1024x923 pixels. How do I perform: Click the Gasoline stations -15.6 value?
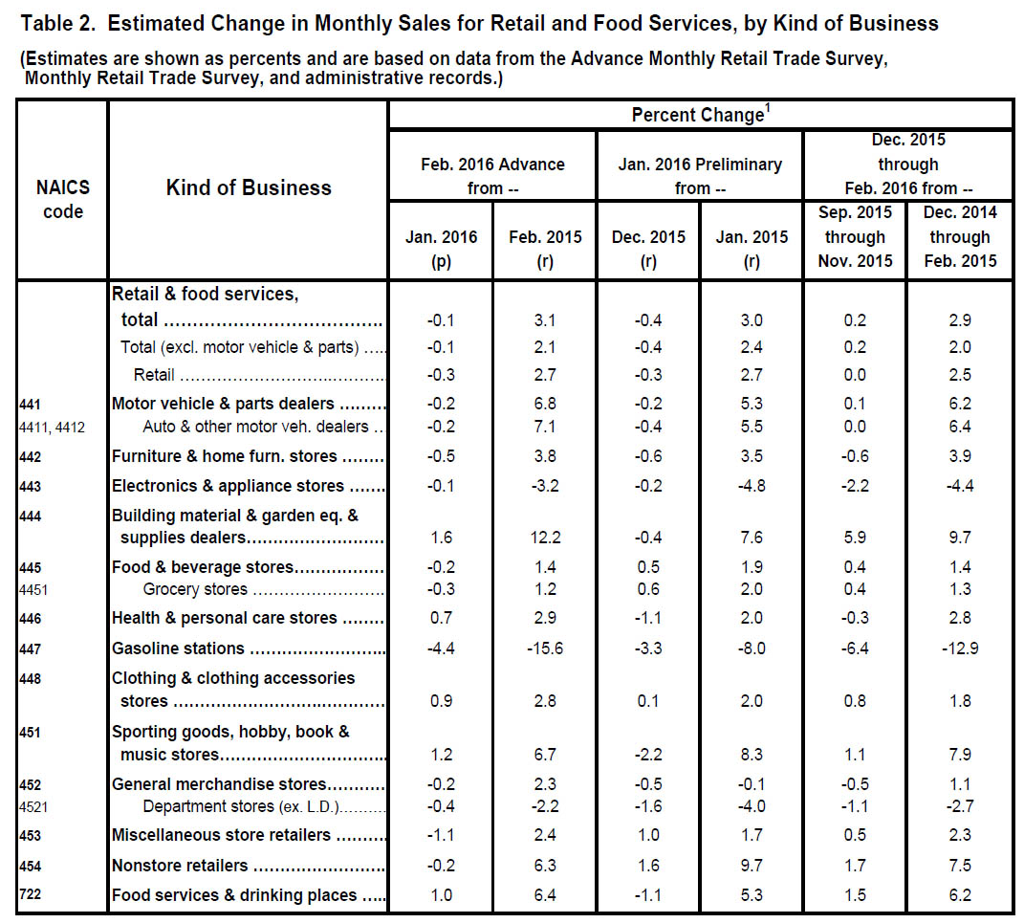(x=545, y=648)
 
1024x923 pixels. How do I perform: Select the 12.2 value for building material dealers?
(x=545, y=537)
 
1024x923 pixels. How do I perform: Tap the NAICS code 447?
(x=30, y=648)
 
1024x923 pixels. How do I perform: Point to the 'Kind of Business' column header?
(x=249, y=187)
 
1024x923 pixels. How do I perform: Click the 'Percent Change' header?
(x=701, y=115)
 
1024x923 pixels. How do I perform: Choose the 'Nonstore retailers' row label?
(x=180, y=866)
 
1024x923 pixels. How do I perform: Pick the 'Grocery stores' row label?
(x=195, y=589)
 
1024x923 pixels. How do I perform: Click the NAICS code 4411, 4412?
(x=53, y=428)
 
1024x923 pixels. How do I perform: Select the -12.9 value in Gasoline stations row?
(x=960, y=648)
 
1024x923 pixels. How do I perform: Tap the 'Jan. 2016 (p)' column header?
(x=441, y=249)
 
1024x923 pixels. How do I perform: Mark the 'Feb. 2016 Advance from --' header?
(x=492, y=176)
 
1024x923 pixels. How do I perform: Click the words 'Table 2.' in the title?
(x=58, y=24)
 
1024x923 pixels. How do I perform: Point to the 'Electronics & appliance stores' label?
(x=228, y=486)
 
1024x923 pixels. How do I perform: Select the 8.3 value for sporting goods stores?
(x=752, y=755)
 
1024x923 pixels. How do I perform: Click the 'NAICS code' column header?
(x=63, y=199)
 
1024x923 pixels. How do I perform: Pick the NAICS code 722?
(x=30, y=894)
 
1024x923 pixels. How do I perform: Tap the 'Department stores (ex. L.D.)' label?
(x=242, y=806)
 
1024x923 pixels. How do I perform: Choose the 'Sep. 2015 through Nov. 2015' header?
(x=855, y=236)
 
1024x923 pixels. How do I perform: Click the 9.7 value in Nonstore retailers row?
(x=752, y=866)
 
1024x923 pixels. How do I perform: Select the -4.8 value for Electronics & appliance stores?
(x=752, y=486)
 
